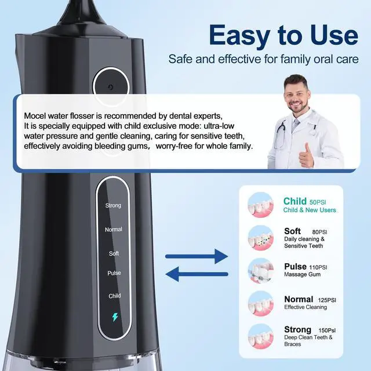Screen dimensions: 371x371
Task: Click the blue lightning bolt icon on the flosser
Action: pyautogui.click(x=115, y=317)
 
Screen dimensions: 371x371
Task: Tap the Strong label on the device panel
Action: pyautogui.click(x=113, y=205)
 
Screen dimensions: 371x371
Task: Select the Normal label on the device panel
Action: pyautogui.click(x=114, y=230)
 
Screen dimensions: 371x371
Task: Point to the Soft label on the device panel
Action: pyautogui.click(x=114, y=253)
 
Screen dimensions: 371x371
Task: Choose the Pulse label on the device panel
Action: pyautogui.click(x=114, y=273)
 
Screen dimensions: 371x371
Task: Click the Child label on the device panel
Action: pyautogui.click(x=115, y=296)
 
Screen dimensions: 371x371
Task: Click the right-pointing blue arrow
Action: pyautogui.click(x=197, y=256)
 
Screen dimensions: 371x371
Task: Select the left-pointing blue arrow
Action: pyautogui.click(x=197, y=274)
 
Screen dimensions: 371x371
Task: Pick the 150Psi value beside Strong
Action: pyautogui.click(x=327, y=330)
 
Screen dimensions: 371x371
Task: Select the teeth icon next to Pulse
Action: pyautogui.click(x=261, y=271)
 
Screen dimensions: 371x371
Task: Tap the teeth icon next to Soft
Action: pyautogui.click(x=261, y=238)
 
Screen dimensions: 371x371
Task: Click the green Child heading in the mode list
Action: pyautogui.click(x=295, y=201)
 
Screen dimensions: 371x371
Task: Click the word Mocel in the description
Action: pyautogui.click(x=35, y=116)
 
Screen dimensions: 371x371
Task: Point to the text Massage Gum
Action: pyautogui.click(x=303, y=274)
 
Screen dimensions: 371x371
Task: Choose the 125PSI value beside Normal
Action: pyautogui.click(x=327, y=300)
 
